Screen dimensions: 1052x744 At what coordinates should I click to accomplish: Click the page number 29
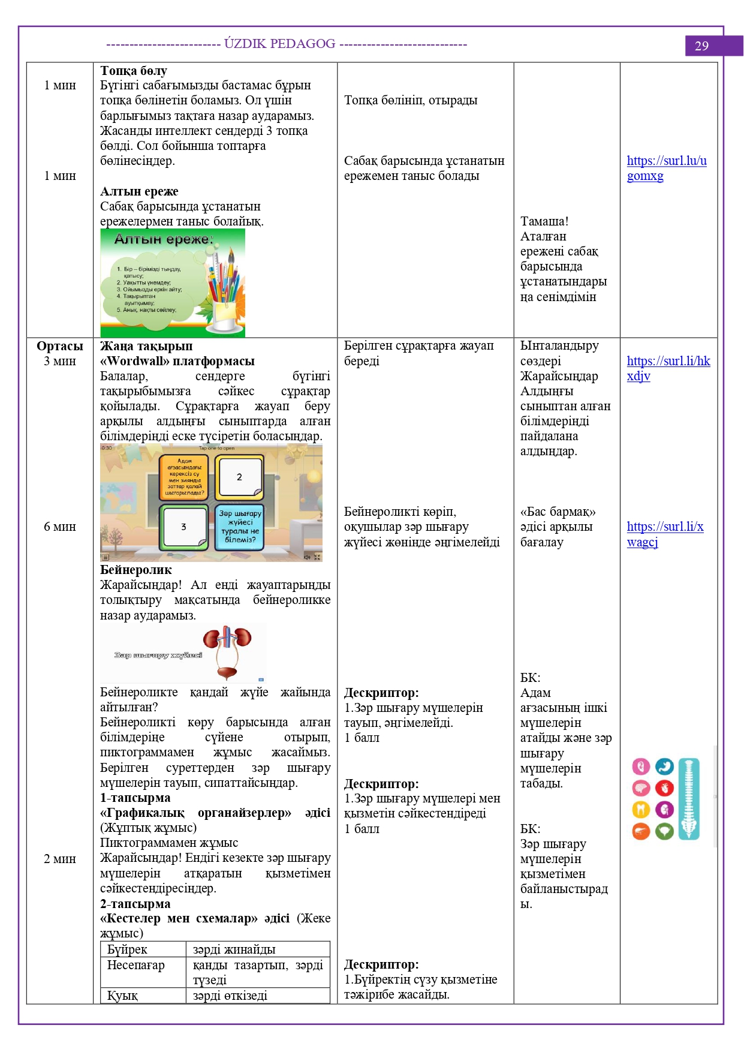pyautogui.click(x=701, y=46)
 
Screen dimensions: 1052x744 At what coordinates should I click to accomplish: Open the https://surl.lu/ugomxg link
pyautogui.click(x=666, y=168)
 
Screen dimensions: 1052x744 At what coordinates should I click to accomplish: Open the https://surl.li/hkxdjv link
pyautogui.click(x=668, y=368)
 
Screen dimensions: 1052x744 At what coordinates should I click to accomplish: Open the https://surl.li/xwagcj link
pyautogui.click(x=664, y=534)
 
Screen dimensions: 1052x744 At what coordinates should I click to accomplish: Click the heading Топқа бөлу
pyautogui.click(x=134, y=71)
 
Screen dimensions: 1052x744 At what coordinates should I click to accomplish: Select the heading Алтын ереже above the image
pyautogui.click(x=139, y=191)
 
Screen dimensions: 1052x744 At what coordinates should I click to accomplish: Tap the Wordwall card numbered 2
pyautogui.click(x=239, y=477)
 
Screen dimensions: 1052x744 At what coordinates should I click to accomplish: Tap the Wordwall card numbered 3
pyautogui.click(x=183, y=527)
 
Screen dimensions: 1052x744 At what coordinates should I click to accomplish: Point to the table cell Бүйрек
pyautogui.click(x=127, y=949)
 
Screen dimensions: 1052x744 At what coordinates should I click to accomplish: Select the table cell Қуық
pyautogui.click(x=122, y=996)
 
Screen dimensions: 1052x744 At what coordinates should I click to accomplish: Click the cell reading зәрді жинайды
pyautogui.click(x=234, y=949)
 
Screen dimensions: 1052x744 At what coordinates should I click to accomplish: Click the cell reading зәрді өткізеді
pyautogui.click(x=230, y=996)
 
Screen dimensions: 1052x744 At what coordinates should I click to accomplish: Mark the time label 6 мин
pyautogui.click(x=60, y=527)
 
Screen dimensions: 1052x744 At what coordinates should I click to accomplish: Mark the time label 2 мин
pyautogui.click(x=60, y=859)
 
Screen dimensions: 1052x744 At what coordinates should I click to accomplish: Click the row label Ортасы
pyautogui.click(x=60, y=346)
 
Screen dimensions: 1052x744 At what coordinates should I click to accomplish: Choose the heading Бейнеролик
pyautogui.click(x=136, y=570)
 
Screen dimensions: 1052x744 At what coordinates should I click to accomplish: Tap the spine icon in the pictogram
pyautogui.click(x=689, y=798)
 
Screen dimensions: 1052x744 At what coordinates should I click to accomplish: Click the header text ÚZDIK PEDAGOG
pyautogui.click(x=280, y=44)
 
